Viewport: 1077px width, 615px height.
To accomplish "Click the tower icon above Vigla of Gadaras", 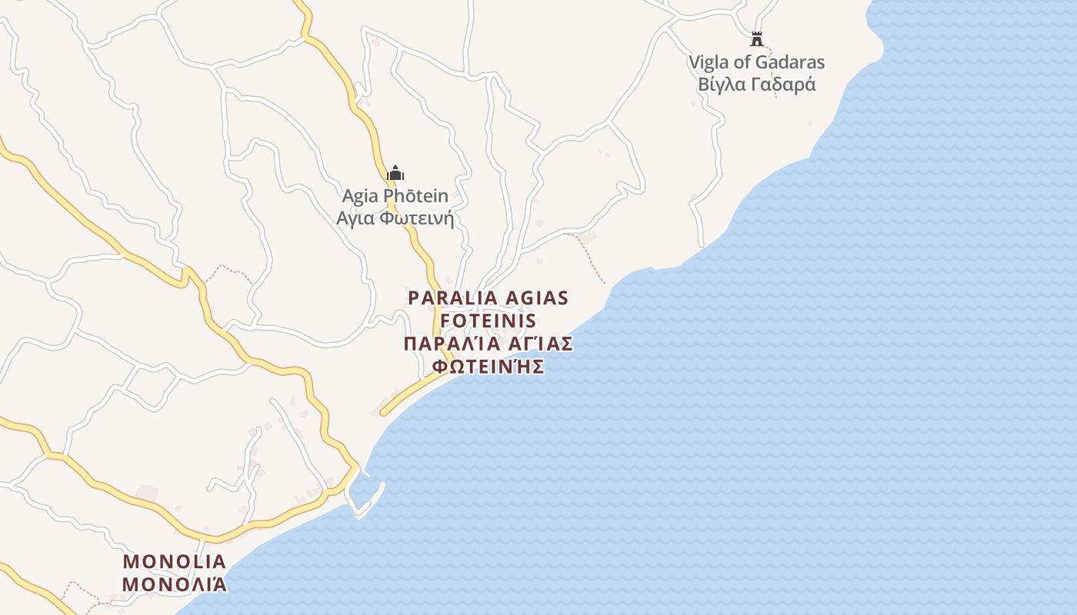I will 757,38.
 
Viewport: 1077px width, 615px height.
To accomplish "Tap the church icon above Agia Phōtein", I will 395,173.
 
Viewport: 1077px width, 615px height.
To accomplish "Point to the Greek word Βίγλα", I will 721,85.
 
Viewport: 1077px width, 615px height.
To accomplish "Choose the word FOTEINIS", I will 488,321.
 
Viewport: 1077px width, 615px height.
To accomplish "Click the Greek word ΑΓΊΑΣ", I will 539,344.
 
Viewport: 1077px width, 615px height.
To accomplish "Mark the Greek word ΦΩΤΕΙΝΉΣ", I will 488,367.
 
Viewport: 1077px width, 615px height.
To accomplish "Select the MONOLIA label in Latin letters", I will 175,561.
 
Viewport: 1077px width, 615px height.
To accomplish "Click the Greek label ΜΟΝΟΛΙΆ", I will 175,584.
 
